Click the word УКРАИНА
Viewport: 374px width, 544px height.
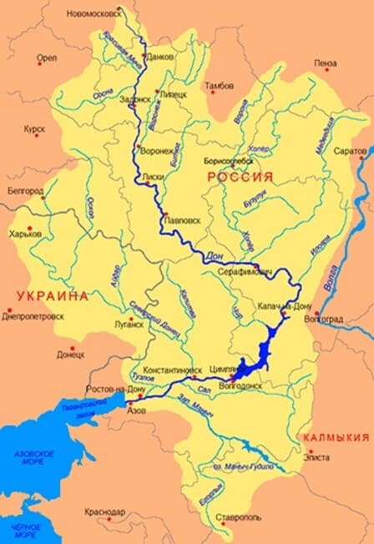click(51, 295)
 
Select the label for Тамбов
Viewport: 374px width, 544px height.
click(218, 85)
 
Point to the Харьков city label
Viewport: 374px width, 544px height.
click(26, 234)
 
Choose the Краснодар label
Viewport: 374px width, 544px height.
click(104, 511)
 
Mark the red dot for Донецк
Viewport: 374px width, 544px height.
click(72, 348)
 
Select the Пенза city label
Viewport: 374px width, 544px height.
click(326, 63)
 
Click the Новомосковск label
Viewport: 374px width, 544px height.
click(94, 14)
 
